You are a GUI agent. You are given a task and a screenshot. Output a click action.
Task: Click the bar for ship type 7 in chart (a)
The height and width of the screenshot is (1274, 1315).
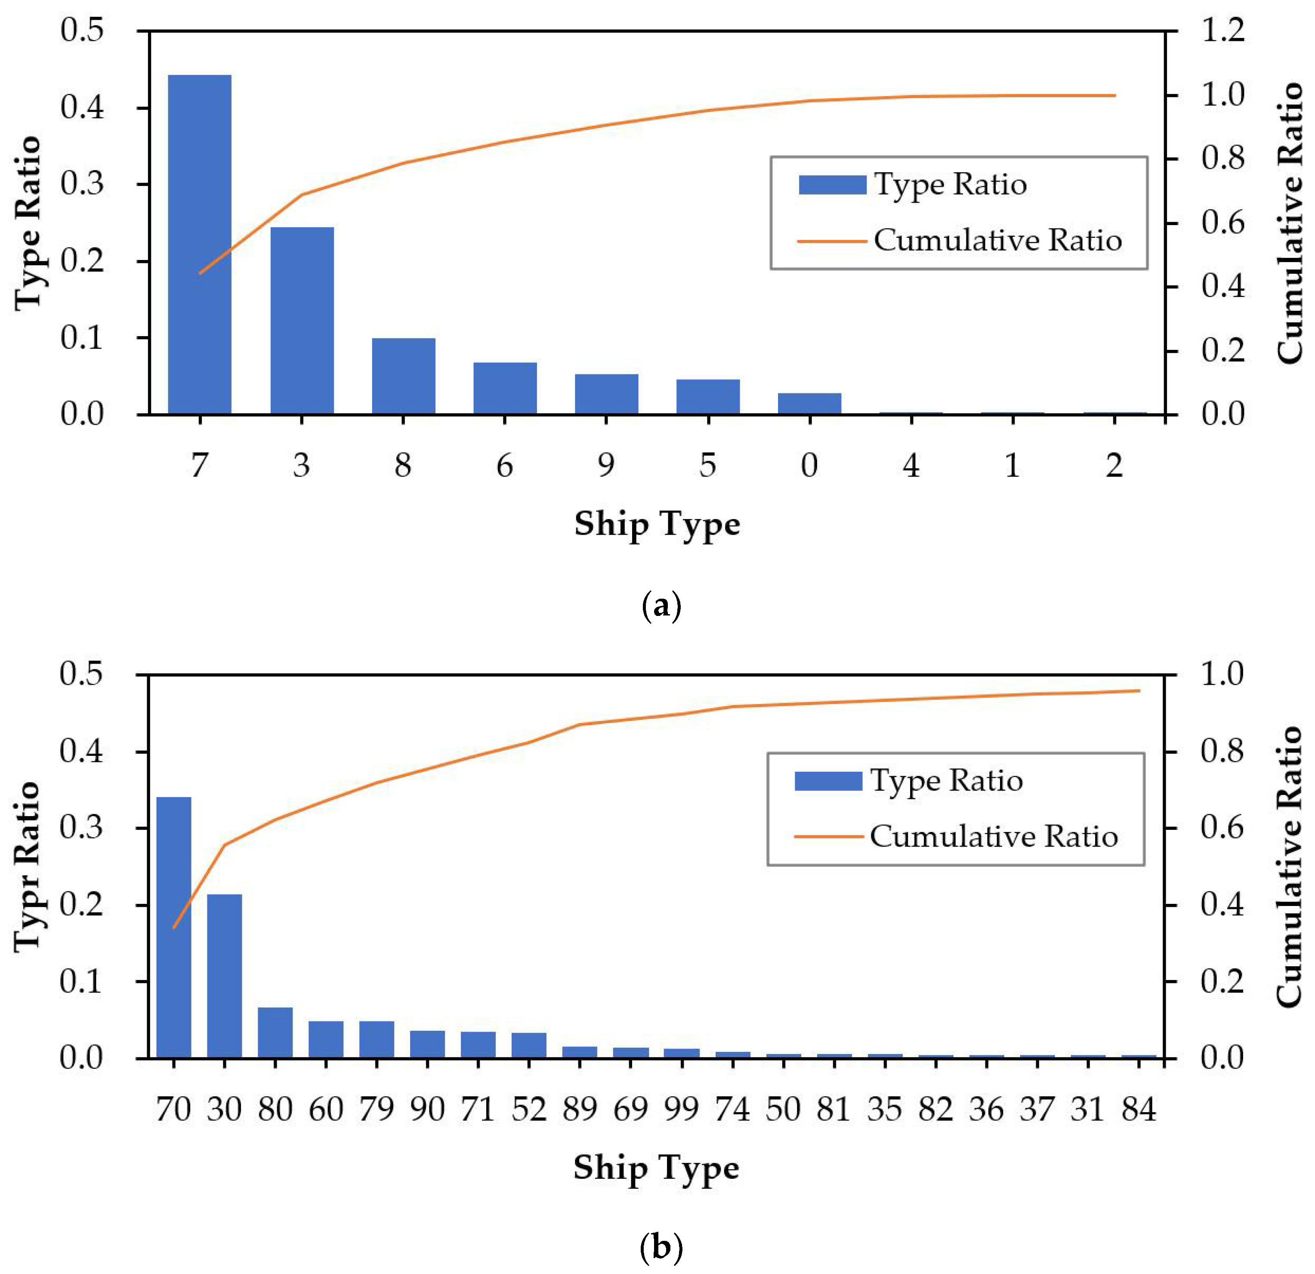pos(199,244)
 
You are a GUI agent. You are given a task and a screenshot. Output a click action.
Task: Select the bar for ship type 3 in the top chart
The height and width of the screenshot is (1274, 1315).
pos(302,320)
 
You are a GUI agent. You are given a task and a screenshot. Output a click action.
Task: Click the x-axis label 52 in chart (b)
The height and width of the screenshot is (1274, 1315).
pos(529,1109)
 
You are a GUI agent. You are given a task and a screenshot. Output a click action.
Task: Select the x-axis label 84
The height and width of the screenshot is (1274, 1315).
pos(1139,1109)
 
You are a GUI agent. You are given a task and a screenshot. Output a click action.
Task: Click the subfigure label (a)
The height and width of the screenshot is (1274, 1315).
pos(661,606)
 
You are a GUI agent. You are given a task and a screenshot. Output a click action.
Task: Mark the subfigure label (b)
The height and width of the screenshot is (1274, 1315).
pos(661,1249)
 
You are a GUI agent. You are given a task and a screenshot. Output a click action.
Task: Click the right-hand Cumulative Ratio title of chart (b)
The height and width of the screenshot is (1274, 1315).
pos(1288,866)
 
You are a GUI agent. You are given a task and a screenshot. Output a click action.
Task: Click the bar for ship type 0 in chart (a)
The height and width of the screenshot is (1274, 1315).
pos(809,404)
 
